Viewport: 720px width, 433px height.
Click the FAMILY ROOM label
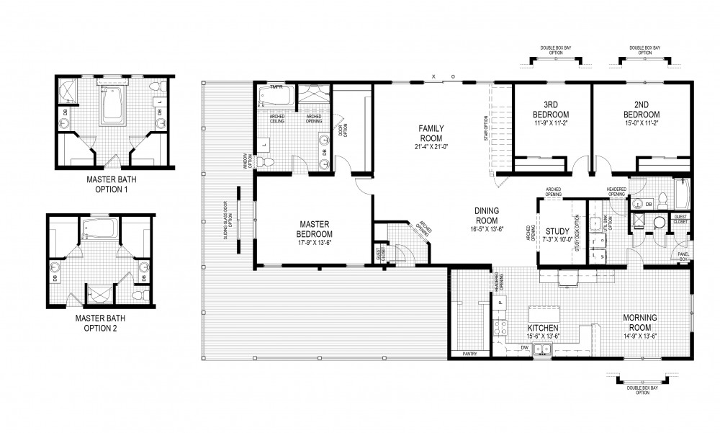pyautogui.click(x=431, y=133)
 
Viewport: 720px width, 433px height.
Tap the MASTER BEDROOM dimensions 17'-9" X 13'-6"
pyautogui.click(x=314, y=243)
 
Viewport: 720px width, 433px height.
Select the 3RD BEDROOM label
pyautogui.click(x=551, y=115)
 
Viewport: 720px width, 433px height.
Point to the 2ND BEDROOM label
pyautogui.click(x=641, y=115)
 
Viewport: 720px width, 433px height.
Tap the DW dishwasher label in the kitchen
pyautogui.click(x=523, y=347)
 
